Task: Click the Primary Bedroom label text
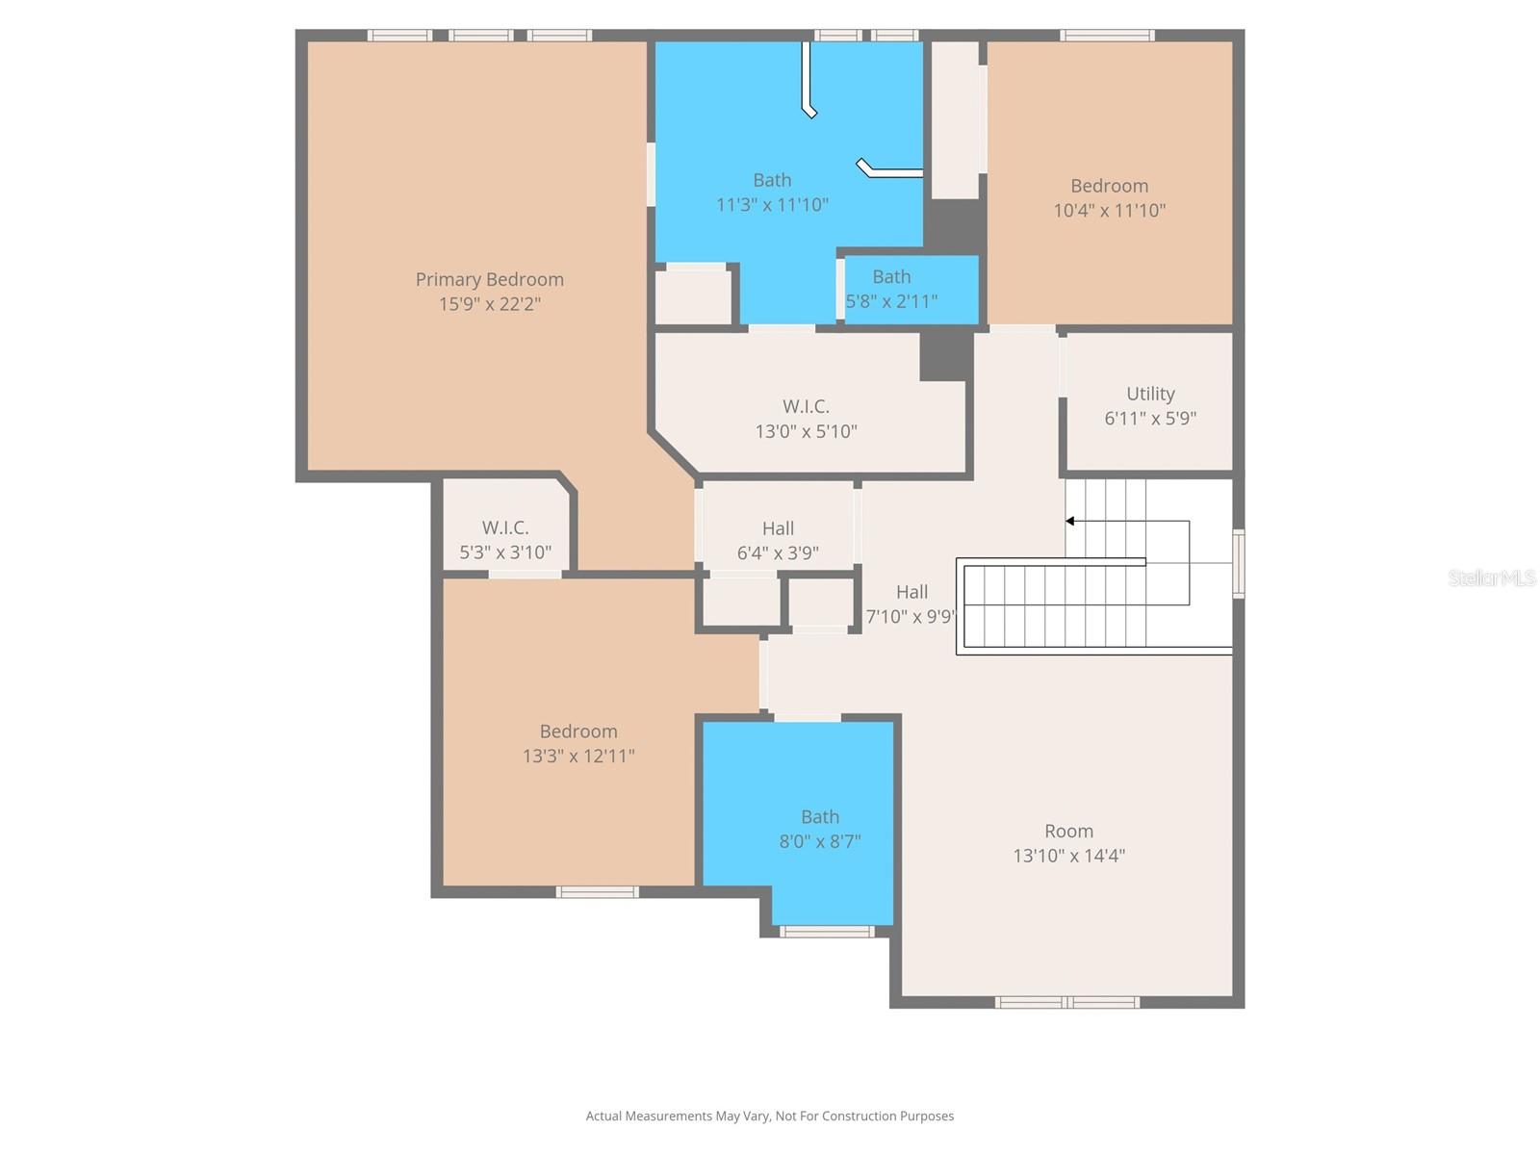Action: [x=489, y=279]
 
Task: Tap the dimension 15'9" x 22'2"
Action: [x=489, y=304]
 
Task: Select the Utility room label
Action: [x=1150, y=394]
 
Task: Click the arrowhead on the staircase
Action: [x=1069, y=522]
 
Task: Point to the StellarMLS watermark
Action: [x=1491, y=577]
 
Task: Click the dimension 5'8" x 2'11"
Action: [x=891, y=301]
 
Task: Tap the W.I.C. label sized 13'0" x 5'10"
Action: [x=806, y=406]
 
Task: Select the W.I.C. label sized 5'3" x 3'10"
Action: [x=505, y=527]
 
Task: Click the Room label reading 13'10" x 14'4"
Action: [x=1068, y=831]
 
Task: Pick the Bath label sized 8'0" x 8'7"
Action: [x=819, y=816]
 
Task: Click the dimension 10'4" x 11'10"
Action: [x=1109, y=210]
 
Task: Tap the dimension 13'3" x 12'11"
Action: [x=578, y=756]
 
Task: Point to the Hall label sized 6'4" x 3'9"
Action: [x=778, y=528]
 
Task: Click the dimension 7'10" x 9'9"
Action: [x=910, y=617]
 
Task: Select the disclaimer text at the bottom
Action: [x=769, y=1116]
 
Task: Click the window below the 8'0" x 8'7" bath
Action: [x=826, y=931]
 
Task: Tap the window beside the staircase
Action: [x=1239, y=564]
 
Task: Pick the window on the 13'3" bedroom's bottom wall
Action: [x=597, y=892]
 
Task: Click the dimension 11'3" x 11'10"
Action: [x=772, y=205]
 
